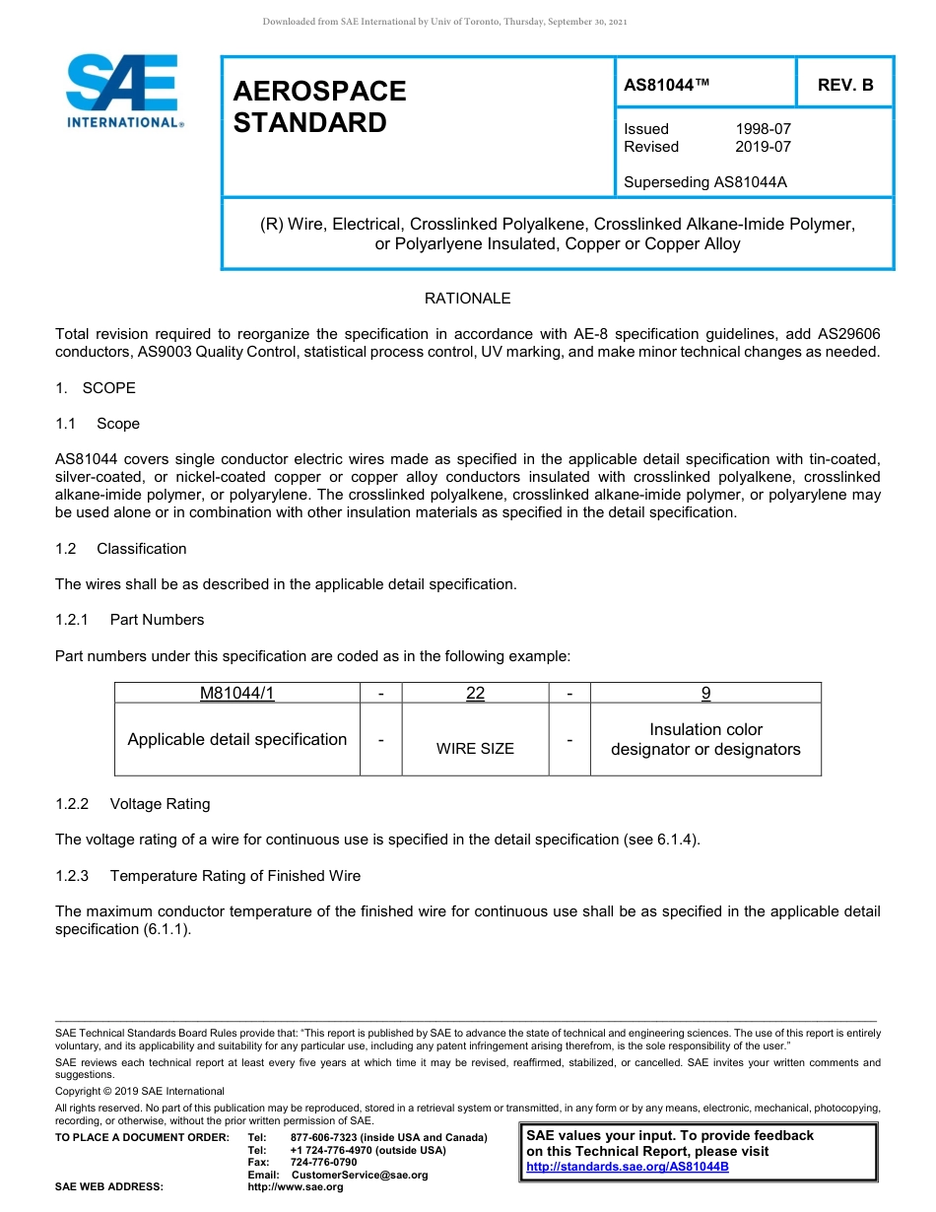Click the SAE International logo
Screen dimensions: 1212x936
point(122,91)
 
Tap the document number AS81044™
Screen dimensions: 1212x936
point(667,86)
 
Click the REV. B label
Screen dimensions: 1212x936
point(844,86)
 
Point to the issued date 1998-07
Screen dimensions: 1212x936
point(763,129)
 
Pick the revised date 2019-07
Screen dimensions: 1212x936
point(763,147)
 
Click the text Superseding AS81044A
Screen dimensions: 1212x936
point(705,182)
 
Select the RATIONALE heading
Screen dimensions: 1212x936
point(467,299)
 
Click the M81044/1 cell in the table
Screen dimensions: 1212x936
point(236,693)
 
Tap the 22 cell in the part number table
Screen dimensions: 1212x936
point(475,693)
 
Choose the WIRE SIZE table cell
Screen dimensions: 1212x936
point(475,749)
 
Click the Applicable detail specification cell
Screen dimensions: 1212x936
point(236,739)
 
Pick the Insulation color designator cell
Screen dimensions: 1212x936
point(705,739)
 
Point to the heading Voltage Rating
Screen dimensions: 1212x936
point(160,804)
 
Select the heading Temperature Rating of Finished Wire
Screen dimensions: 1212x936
point(234,876)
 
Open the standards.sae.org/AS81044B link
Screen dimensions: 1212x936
point(627,1167)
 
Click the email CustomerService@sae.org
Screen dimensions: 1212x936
point(360,1175)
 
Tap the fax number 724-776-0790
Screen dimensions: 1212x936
point(323,1163)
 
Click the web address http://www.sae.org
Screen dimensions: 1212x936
point(296,1187)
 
